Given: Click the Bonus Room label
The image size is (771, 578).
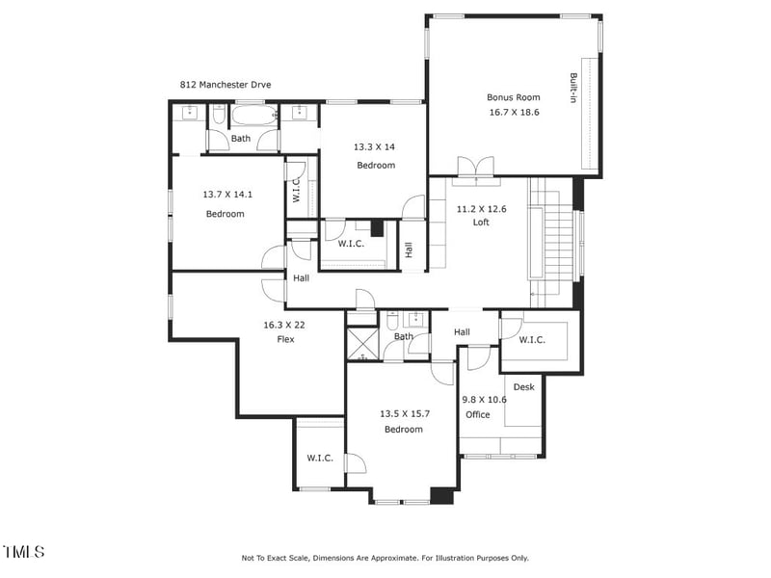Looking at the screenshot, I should pos(513,97).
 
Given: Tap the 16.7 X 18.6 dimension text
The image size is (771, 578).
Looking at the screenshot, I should pos(513,112).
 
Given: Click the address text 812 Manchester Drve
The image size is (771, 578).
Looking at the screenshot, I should pos(225,85).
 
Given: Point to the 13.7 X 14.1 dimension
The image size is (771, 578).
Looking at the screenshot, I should pos(225,195).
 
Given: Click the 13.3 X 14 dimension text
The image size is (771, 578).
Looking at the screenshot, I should pos(374,147).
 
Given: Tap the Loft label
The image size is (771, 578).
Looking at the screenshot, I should pos(481,223).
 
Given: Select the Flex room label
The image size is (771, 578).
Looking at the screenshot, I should pos(285,339).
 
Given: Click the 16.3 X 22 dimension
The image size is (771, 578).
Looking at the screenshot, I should pos(285,326).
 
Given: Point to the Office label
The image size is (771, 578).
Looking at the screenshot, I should pos(478,415).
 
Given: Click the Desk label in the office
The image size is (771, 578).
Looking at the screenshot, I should pos(523,387).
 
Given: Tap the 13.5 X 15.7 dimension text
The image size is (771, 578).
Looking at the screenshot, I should pos(403,414).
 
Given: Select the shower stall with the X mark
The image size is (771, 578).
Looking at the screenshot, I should pos(362,344).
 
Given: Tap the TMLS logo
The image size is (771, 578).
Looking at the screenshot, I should pos(23,552).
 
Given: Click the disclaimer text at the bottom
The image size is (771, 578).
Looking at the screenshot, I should pos(385,558).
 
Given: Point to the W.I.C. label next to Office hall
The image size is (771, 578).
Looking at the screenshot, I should pos(533,340).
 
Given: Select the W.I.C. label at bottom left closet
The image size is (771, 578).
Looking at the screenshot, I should pos(320,458).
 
